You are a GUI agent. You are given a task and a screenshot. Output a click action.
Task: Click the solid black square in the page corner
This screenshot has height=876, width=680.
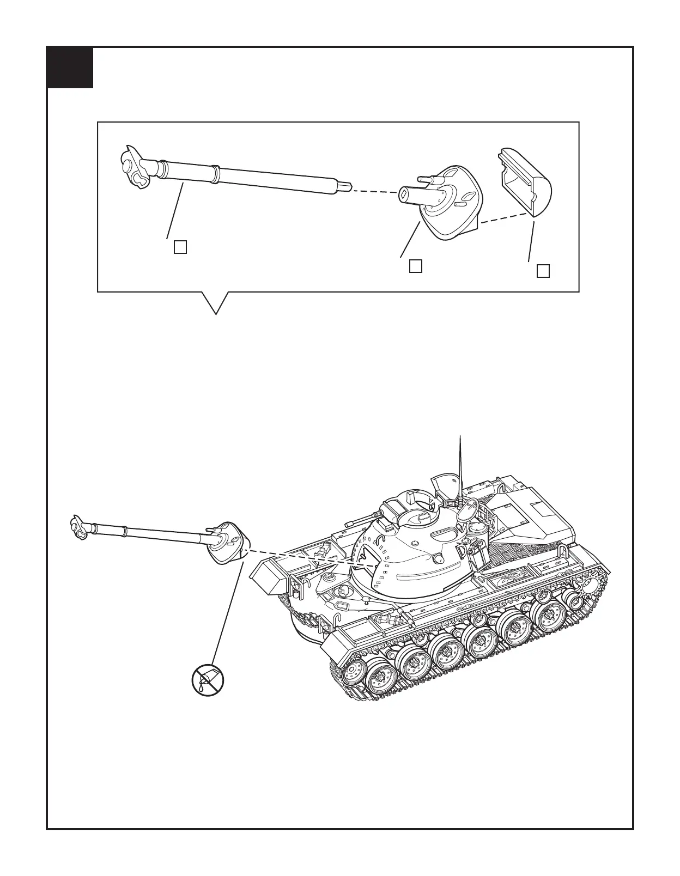point(70,68)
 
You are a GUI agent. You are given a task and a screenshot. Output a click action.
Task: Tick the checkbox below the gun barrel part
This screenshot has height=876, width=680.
point(180,247)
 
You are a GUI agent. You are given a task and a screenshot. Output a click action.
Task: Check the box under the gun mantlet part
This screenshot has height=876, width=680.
point(415,266)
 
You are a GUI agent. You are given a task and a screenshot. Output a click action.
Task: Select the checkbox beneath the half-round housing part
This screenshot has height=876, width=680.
point(543,271)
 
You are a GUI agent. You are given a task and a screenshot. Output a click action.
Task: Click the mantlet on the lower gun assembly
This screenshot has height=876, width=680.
point(224,543)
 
